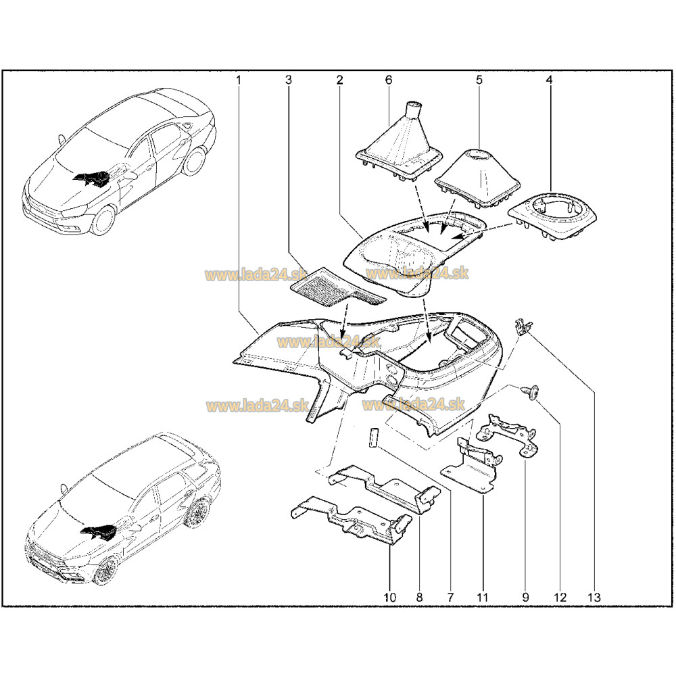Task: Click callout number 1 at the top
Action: (238, 80)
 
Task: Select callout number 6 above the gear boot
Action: (389, 80)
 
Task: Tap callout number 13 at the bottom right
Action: (594, 597)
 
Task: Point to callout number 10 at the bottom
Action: (390, 597)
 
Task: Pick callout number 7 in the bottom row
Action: (450, 597)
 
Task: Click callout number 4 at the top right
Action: (549, 80)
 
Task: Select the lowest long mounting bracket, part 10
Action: (352, 519)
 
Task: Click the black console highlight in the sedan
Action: (92, 178)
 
